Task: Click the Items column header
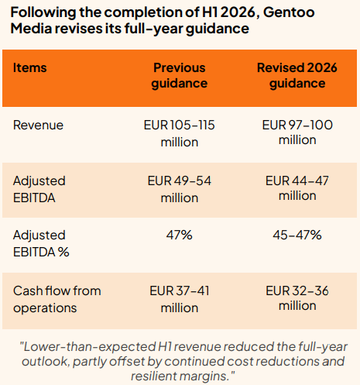(x=30, y=67)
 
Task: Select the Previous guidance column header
(x=180, y=75)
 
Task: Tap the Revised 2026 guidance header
(x=297, y=75)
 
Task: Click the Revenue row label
(x=38, y=125)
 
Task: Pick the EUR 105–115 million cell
(x=180, y=133)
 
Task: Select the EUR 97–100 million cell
(x=297, y=132)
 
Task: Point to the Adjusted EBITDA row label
(x=39, y=189)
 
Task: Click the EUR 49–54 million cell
(x=180, y=189)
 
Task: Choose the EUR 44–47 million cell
(x=297, y=188)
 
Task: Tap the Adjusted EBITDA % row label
(x=41, y=243)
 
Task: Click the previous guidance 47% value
(x=180, y=235)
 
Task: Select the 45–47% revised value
(x=297, y=235)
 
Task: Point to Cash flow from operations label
(x=57, y=299)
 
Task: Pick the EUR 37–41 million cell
(x=180, y=299)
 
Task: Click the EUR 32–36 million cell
(x=297, y=298)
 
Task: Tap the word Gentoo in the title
(x=289, y=12)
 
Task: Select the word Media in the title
(x=32, y=29)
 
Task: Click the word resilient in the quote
(x=154, y=376)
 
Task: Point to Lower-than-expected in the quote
(x=87, y=347)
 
